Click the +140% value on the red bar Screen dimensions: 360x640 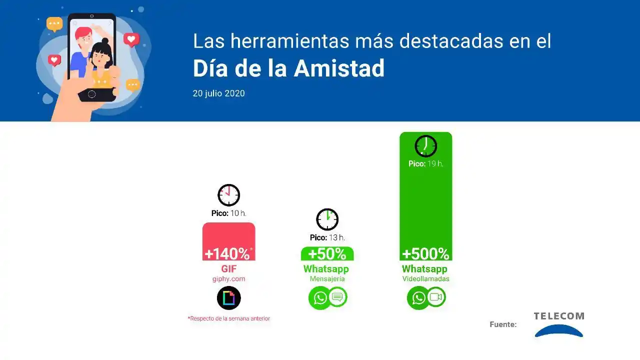point(227,253)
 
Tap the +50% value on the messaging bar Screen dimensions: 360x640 point(327,254)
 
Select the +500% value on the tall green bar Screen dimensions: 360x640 point(425,254)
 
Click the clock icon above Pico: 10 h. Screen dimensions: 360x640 point(229,195)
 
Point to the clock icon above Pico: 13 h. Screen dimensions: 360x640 point(327,219)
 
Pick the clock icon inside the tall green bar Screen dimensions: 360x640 point(426,146)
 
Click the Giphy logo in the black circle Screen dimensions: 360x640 point(229,298)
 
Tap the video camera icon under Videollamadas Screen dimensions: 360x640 point(436,297)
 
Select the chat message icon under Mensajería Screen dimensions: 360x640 point(337,297)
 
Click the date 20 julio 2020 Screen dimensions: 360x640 point(218,93)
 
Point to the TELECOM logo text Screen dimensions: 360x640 point(558,316)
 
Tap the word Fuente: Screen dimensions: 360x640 point(503,324)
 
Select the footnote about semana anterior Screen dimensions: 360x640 point(229,318)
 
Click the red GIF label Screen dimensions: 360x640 point(228,269)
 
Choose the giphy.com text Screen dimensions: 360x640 point(228,279)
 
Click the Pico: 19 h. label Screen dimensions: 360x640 point(425,163)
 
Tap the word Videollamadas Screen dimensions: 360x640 point(425,279)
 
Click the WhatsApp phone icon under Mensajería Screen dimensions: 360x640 point(319,298)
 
